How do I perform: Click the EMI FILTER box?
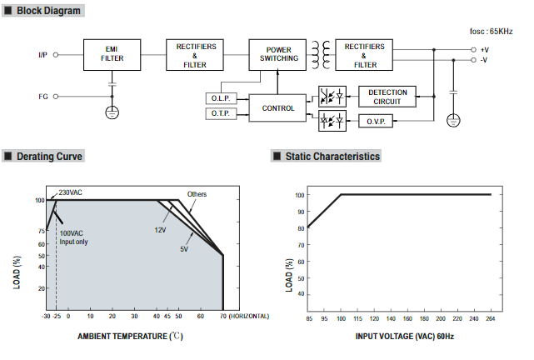click(x=112, y=55)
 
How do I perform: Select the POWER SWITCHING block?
click(x=277, y=55)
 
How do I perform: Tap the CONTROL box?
click(x=277, y=108)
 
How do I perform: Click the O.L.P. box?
click(x=221, y=98)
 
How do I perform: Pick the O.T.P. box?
click(x=221, y=113)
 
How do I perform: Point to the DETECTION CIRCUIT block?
click(x=387, y=97)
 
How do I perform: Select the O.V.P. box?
click(x=376, y=121)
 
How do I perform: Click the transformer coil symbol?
click(x=321, y=55)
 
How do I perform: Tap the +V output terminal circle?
click(x=473, y=50)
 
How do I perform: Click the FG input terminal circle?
click(x=56, y=97)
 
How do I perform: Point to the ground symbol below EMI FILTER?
click(x=112, y=112)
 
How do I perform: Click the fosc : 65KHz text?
click(x=491, y=32)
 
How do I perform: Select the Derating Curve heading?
click(x=49, y=157)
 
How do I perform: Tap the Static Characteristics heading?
click(x=332, y=157)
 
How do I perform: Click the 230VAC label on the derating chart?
click(x=70, y=192)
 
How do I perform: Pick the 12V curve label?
click(x=160, y=230)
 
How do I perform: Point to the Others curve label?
click(x=197, y=194)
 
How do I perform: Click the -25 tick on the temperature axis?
click(x=57, y=316)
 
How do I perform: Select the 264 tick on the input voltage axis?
click(x=491, y=318)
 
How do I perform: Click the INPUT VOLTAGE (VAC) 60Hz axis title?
click(x=405, y=337)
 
